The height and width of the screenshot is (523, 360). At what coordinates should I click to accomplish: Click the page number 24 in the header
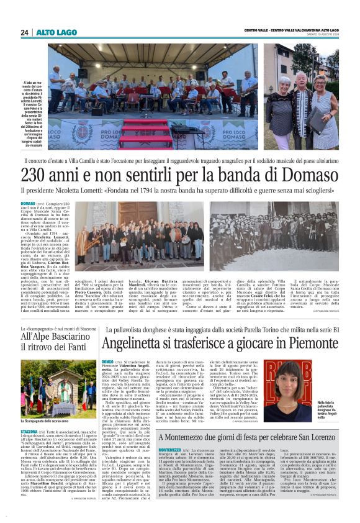pos(24,32)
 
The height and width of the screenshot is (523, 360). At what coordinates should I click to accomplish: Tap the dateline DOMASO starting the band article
pos(27,204)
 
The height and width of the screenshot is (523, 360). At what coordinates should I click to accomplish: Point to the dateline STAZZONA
pos(29,430)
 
